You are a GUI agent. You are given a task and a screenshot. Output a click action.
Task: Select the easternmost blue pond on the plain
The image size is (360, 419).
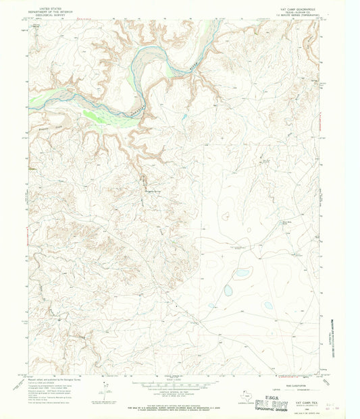click(x=268, y=305)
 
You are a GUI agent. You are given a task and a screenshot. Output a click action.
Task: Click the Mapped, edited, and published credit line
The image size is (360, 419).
click(x=57, y=379)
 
